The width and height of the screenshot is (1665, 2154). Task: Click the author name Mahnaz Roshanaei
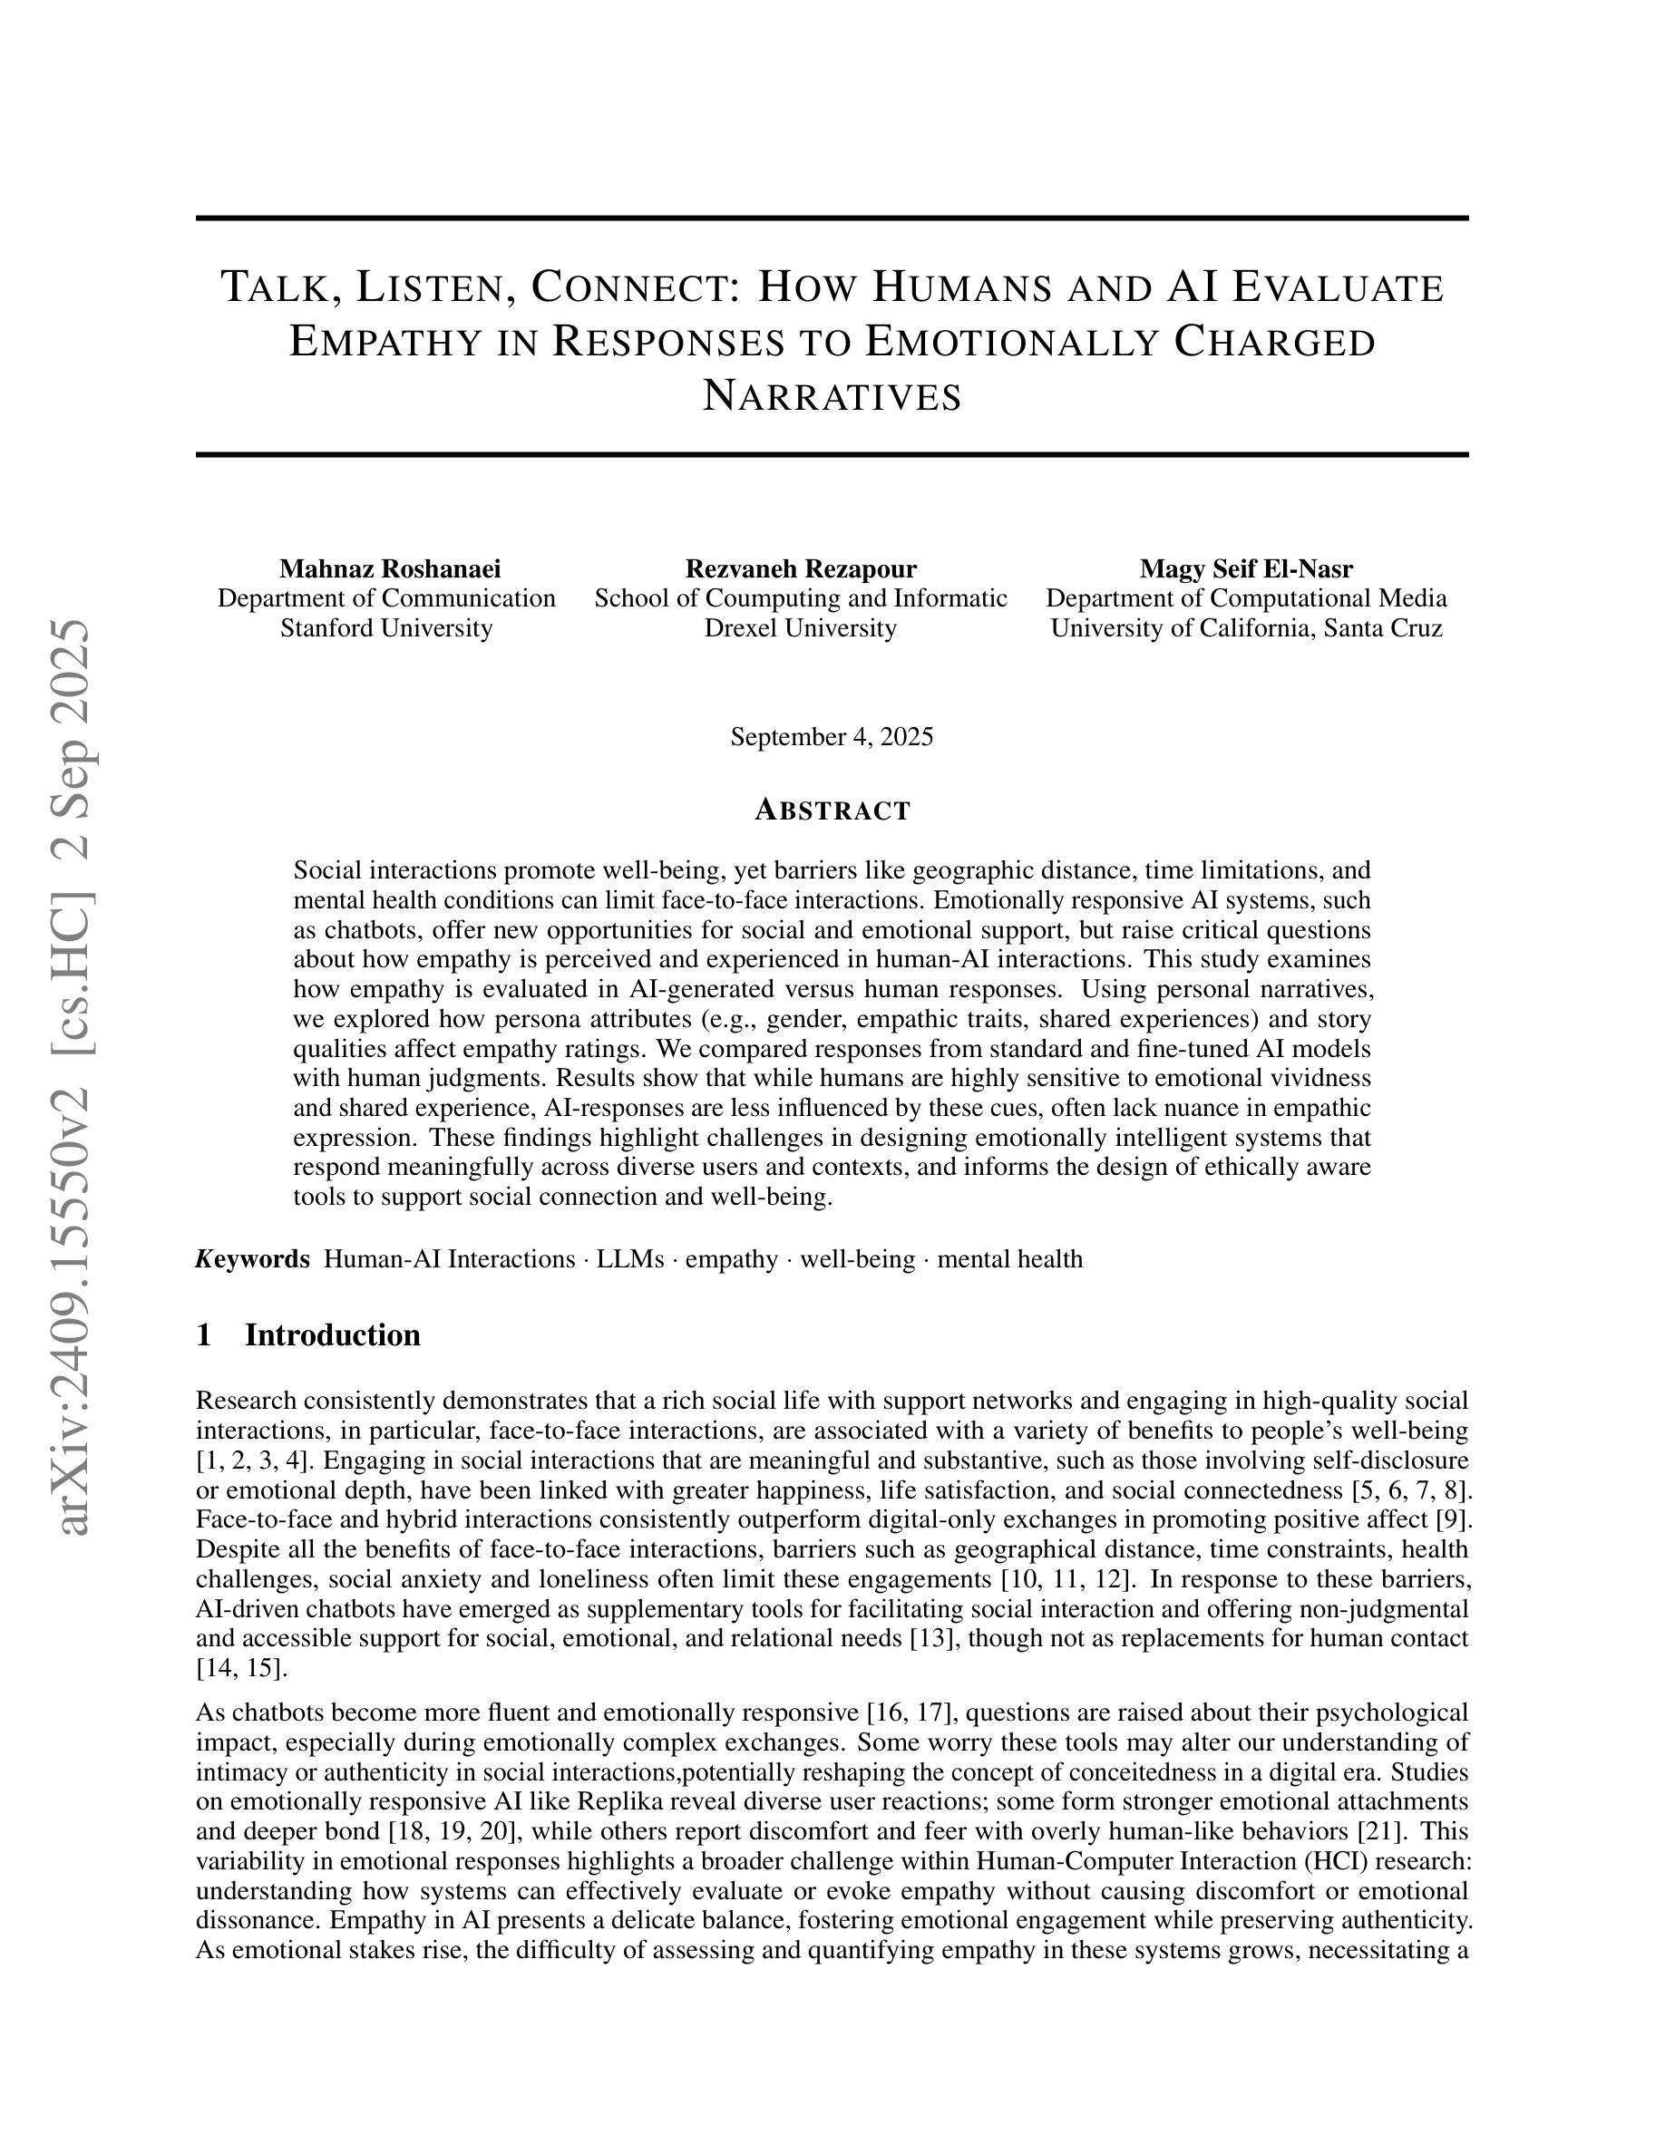coord(390,569)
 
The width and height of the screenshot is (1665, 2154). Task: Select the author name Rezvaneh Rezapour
coord(800,569)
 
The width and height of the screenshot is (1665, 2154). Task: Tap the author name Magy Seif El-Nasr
coord(1246,569)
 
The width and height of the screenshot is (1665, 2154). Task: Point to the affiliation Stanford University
coord(385,628)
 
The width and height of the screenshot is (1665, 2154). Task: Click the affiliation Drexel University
coord(800,628)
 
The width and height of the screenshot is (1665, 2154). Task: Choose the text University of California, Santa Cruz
coord(1246,628)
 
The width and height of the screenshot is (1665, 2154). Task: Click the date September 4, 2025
coord(832,737)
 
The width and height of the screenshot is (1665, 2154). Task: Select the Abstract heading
coord(832,810)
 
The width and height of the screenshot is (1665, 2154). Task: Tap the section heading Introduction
coord(333,1335)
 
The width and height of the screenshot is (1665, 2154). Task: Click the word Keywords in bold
coord(252,1259)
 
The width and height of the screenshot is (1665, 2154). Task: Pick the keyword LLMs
coord(629,1259)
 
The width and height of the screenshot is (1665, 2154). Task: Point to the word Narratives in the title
coord(832,396)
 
